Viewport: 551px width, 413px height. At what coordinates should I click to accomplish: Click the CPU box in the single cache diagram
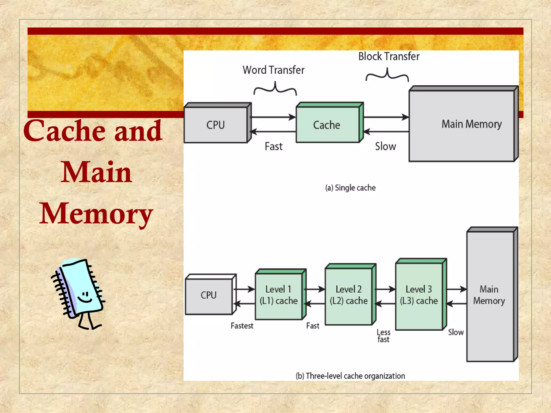216,125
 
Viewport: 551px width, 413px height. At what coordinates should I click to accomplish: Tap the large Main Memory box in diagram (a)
461,126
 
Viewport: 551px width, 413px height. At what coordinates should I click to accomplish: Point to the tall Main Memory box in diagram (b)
490,296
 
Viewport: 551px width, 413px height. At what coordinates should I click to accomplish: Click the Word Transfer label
273,70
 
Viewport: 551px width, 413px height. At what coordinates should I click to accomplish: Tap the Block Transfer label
389,56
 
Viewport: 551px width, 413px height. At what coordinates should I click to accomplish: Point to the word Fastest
242,326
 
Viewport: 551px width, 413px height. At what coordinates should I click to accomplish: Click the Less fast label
383,336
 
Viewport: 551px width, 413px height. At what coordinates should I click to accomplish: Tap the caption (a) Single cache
350,188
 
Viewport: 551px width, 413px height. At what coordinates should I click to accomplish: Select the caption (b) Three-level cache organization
350,376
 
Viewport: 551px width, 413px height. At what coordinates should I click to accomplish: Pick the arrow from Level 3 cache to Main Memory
456,289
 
